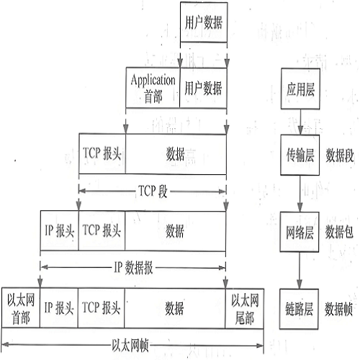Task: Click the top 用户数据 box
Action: coord(204,22)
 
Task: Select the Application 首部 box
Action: coord(153,88)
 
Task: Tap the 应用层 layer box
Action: coord(300,89)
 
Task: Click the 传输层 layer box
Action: coord(300,155)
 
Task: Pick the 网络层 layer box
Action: coord(300,232)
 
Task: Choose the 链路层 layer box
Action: coord(299,309)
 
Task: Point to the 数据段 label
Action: coord(340,156)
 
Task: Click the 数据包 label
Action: coord(339,232)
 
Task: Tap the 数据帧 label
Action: coord(338,309)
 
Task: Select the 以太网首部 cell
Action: coord(21,308)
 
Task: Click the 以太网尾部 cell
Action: coord(245,308)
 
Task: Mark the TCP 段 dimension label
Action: coord(153,192)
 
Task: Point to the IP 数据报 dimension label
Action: coord(133,267)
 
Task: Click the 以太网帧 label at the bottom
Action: coord(130,346)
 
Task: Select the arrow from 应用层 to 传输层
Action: coord(300,122)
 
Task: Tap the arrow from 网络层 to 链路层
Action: coord(300,271)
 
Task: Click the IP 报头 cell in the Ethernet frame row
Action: coord(59,308)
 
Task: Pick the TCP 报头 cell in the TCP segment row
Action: coord(102,153)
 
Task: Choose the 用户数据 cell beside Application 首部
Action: coord(203,88)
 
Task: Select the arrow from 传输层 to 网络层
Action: coord(300,194)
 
